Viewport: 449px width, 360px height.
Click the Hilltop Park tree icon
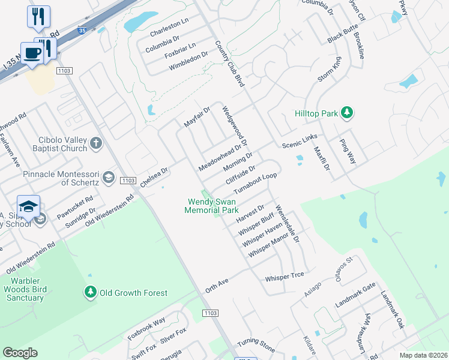(346, 113)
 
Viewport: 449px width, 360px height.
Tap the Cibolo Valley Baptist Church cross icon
(96, 144)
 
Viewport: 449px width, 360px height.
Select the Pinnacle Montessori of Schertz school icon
(108, 177)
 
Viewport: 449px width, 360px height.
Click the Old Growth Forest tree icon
(90, 292)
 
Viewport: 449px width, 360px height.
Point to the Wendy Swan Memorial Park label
(211, 206)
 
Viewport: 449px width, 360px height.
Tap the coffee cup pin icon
(31, 52)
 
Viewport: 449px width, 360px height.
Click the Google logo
(20, 353)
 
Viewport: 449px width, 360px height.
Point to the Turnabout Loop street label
(255, 184)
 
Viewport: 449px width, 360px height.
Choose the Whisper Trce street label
(285, 277)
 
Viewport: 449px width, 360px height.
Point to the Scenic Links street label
(299, 142)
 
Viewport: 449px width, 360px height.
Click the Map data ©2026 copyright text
(423, 355)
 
